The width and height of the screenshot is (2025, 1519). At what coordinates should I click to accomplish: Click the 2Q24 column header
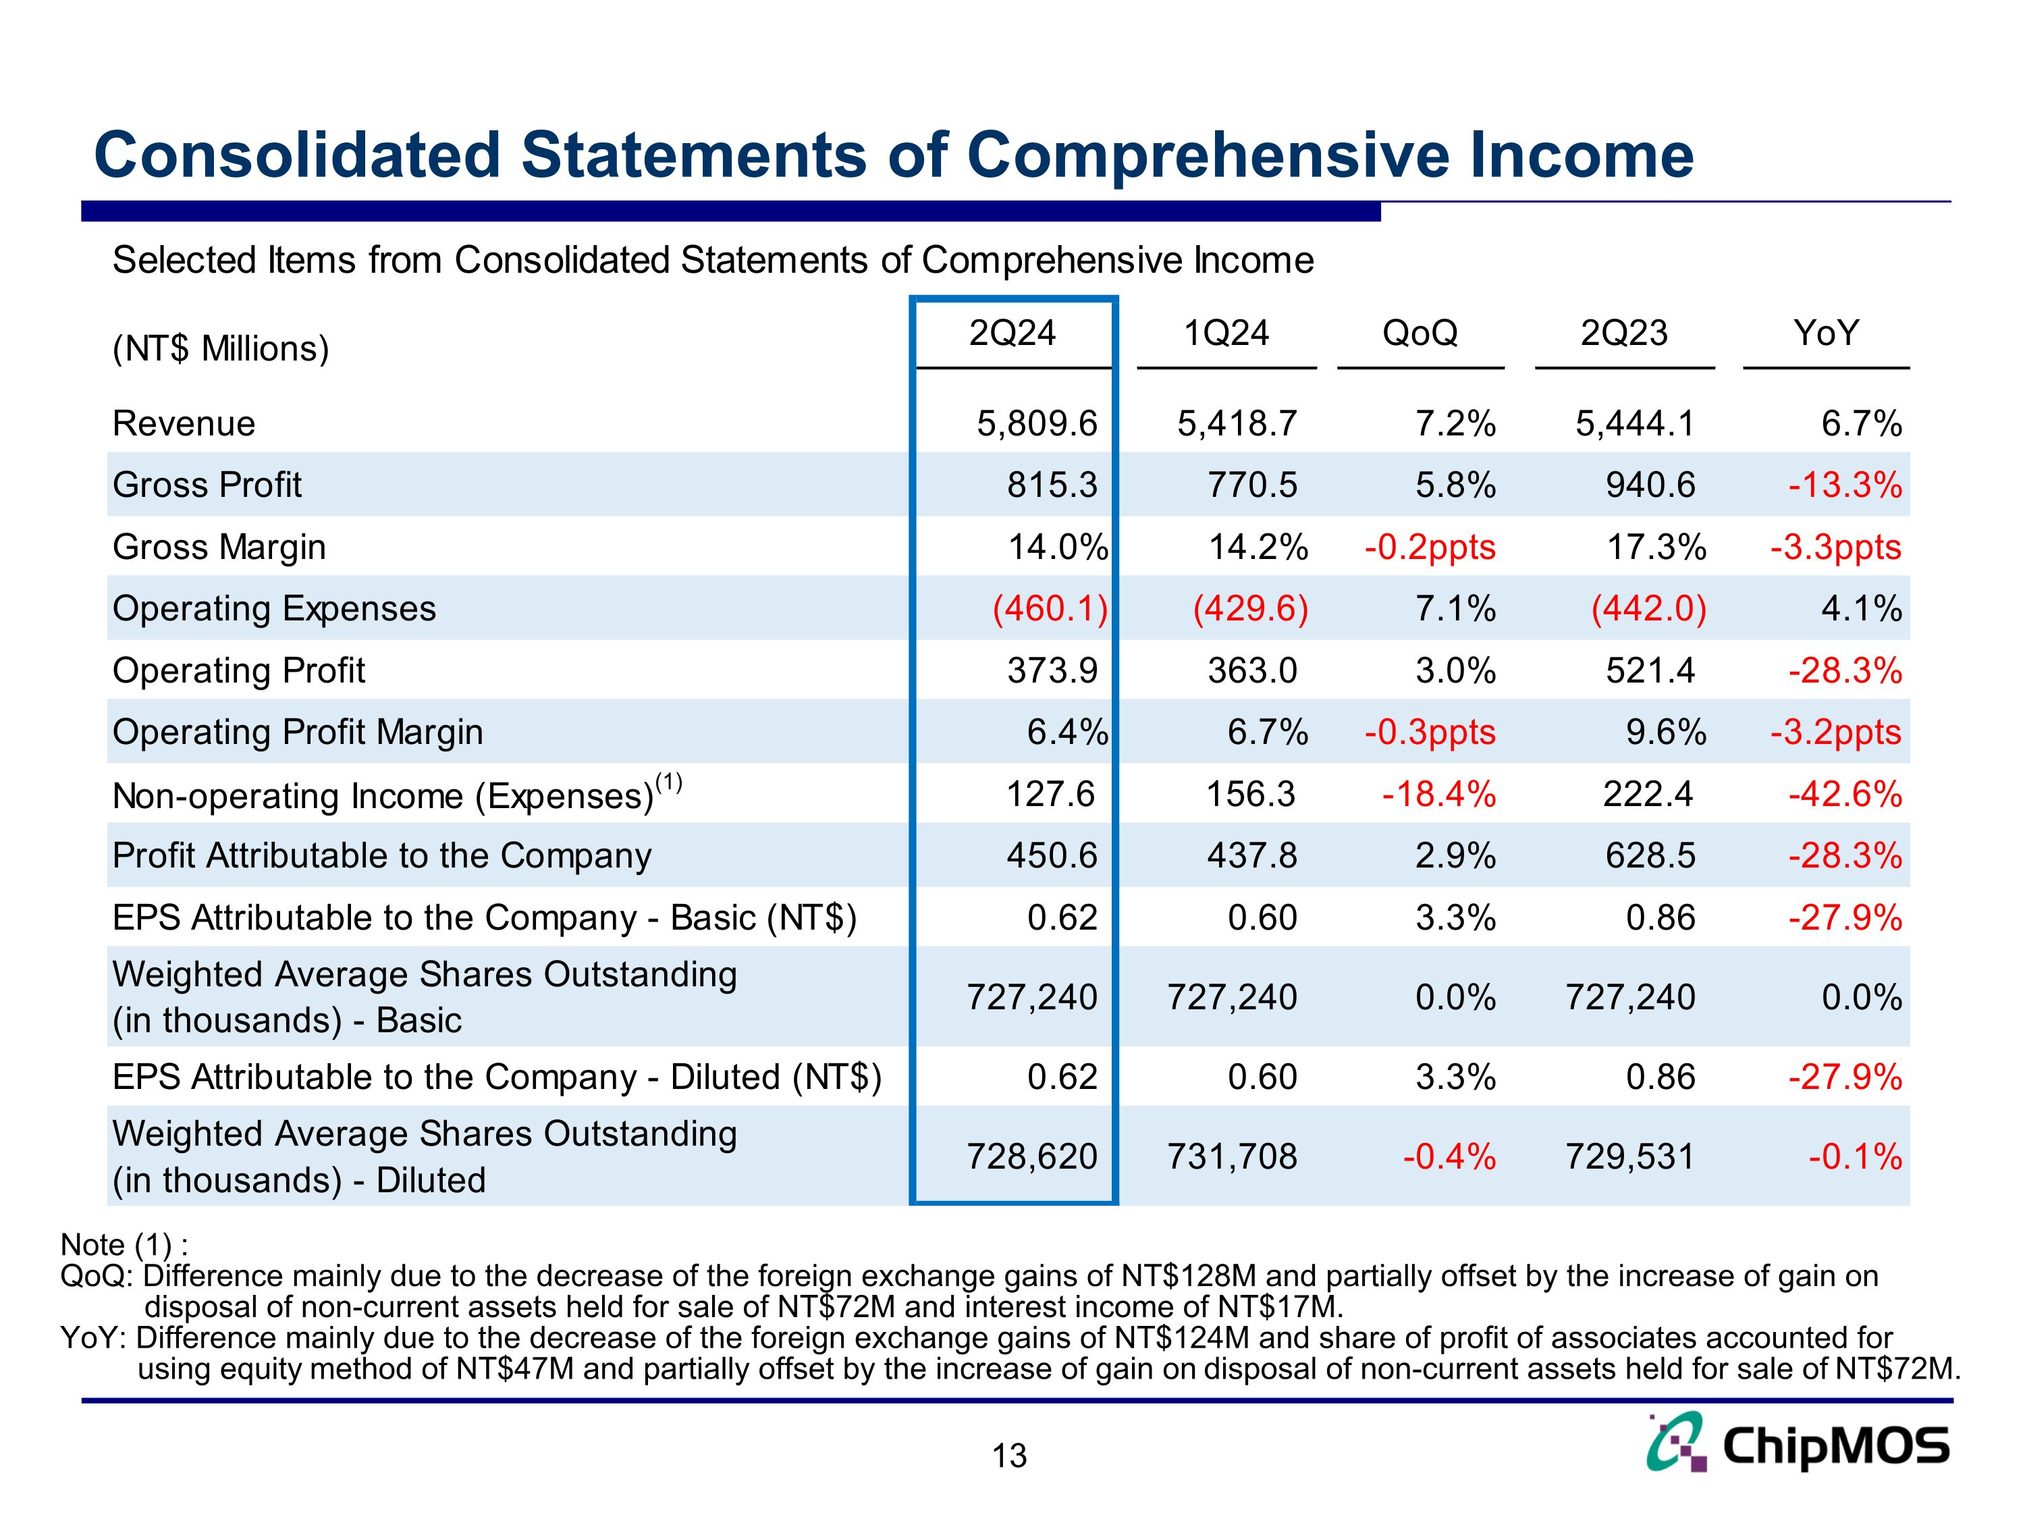[1012, 334]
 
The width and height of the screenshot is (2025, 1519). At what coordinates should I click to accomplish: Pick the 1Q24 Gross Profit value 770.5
[1251, 485]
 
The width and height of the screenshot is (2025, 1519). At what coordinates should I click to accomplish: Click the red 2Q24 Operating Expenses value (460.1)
[1050, 609]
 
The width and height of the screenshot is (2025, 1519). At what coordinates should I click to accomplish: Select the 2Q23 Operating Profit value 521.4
[1650, 671]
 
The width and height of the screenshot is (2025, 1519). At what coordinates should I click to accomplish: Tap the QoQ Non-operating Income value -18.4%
[1438, 794]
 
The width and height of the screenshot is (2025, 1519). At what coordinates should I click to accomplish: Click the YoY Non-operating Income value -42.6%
[1845, 794]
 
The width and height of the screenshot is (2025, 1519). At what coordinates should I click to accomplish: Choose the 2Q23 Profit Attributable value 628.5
[1650, 856]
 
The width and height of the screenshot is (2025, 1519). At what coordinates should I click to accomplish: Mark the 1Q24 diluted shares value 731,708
[1231, 1156]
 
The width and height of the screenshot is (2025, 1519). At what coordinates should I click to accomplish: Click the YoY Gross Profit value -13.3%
[1845, 485]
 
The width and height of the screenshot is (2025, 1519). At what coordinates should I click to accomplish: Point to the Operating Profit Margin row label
[298, 732]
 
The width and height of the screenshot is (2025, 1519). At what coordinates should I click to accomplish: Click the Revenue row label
[183, 424]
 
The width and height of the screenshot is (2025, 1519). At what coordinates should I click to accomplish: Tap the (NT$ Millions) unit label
[221, 349]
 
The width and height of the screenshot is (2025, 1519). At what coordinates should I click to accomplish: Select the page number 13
[1009, 1456]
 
